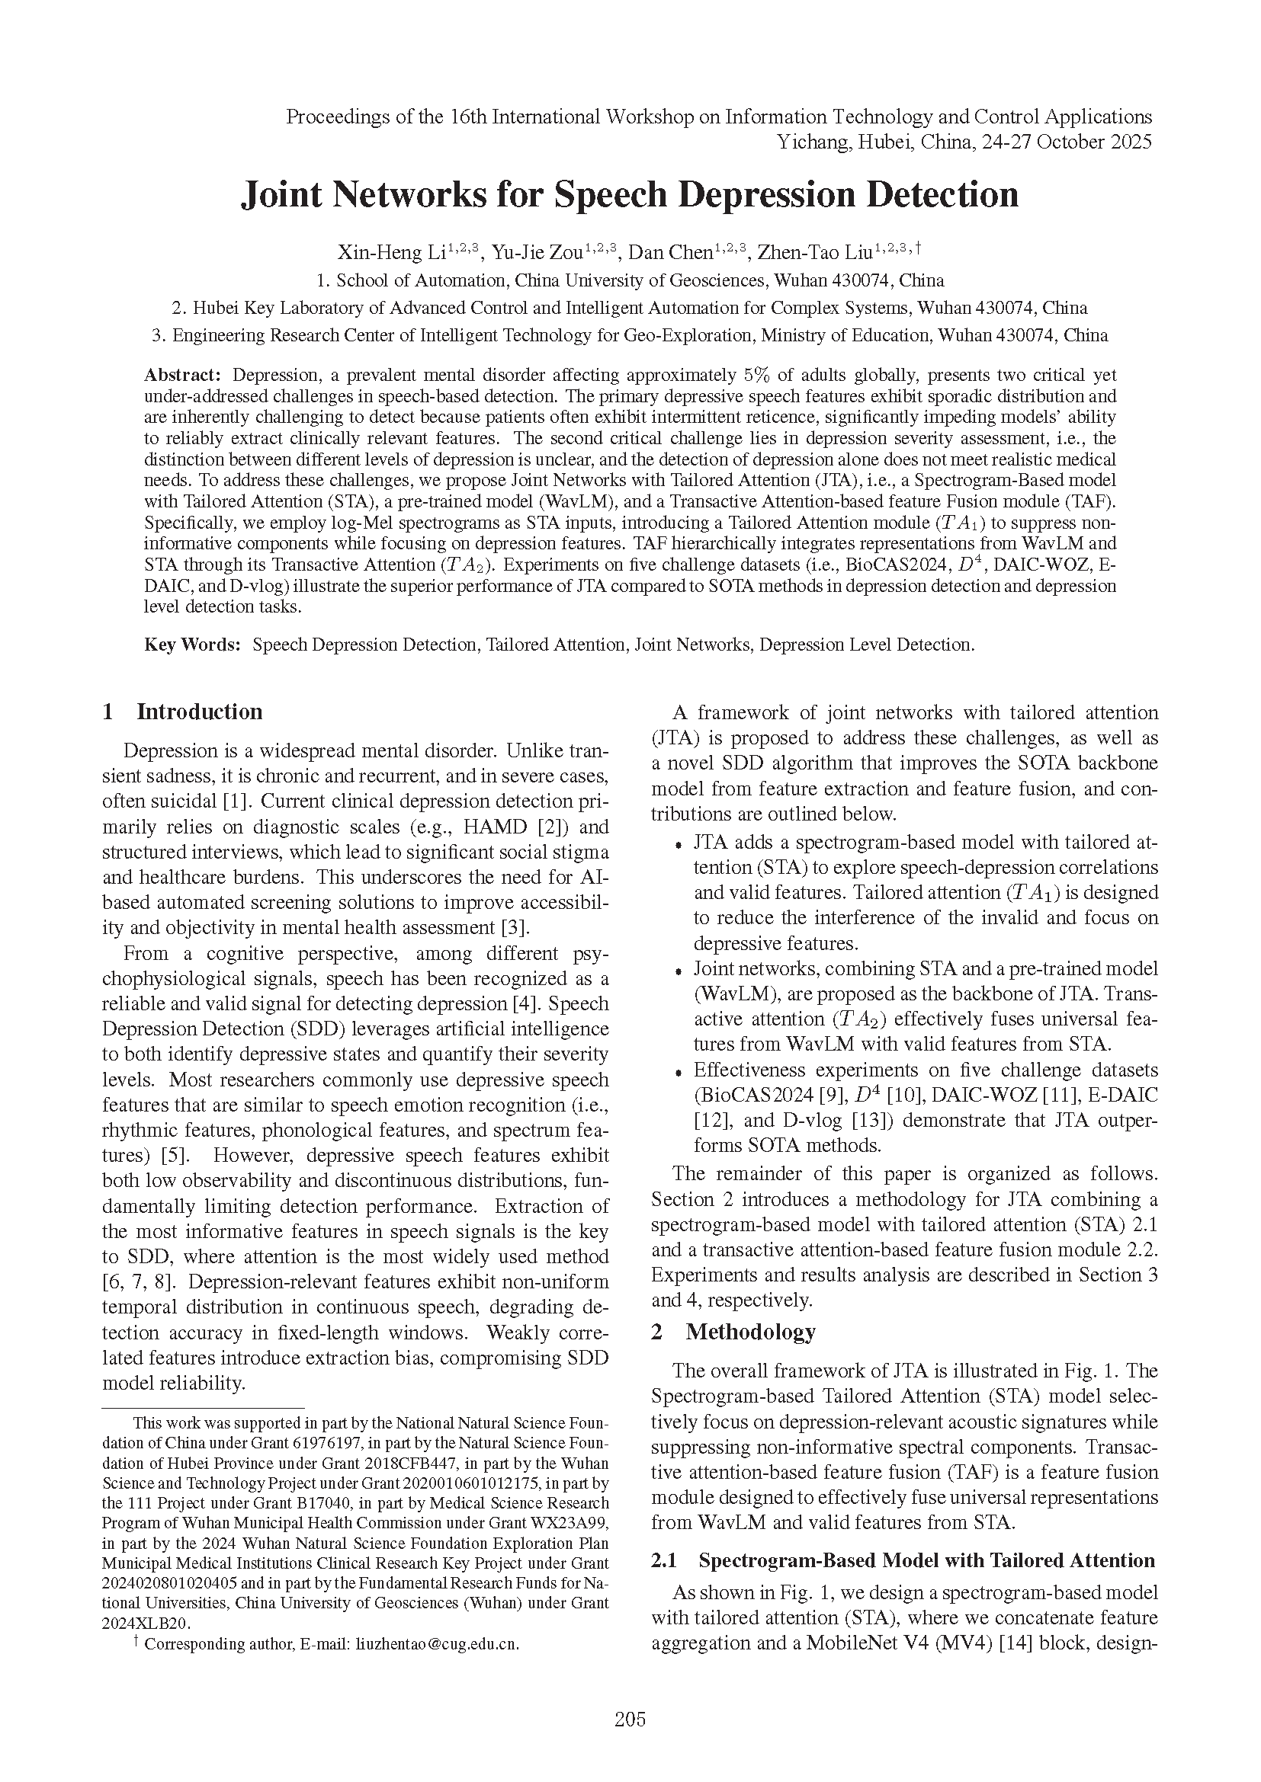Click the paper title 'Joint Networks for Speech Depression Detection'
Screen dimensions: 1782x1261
click(x=630, y=195)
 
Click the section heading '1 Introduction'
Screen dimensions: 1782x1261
click(x=182, y=712)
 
